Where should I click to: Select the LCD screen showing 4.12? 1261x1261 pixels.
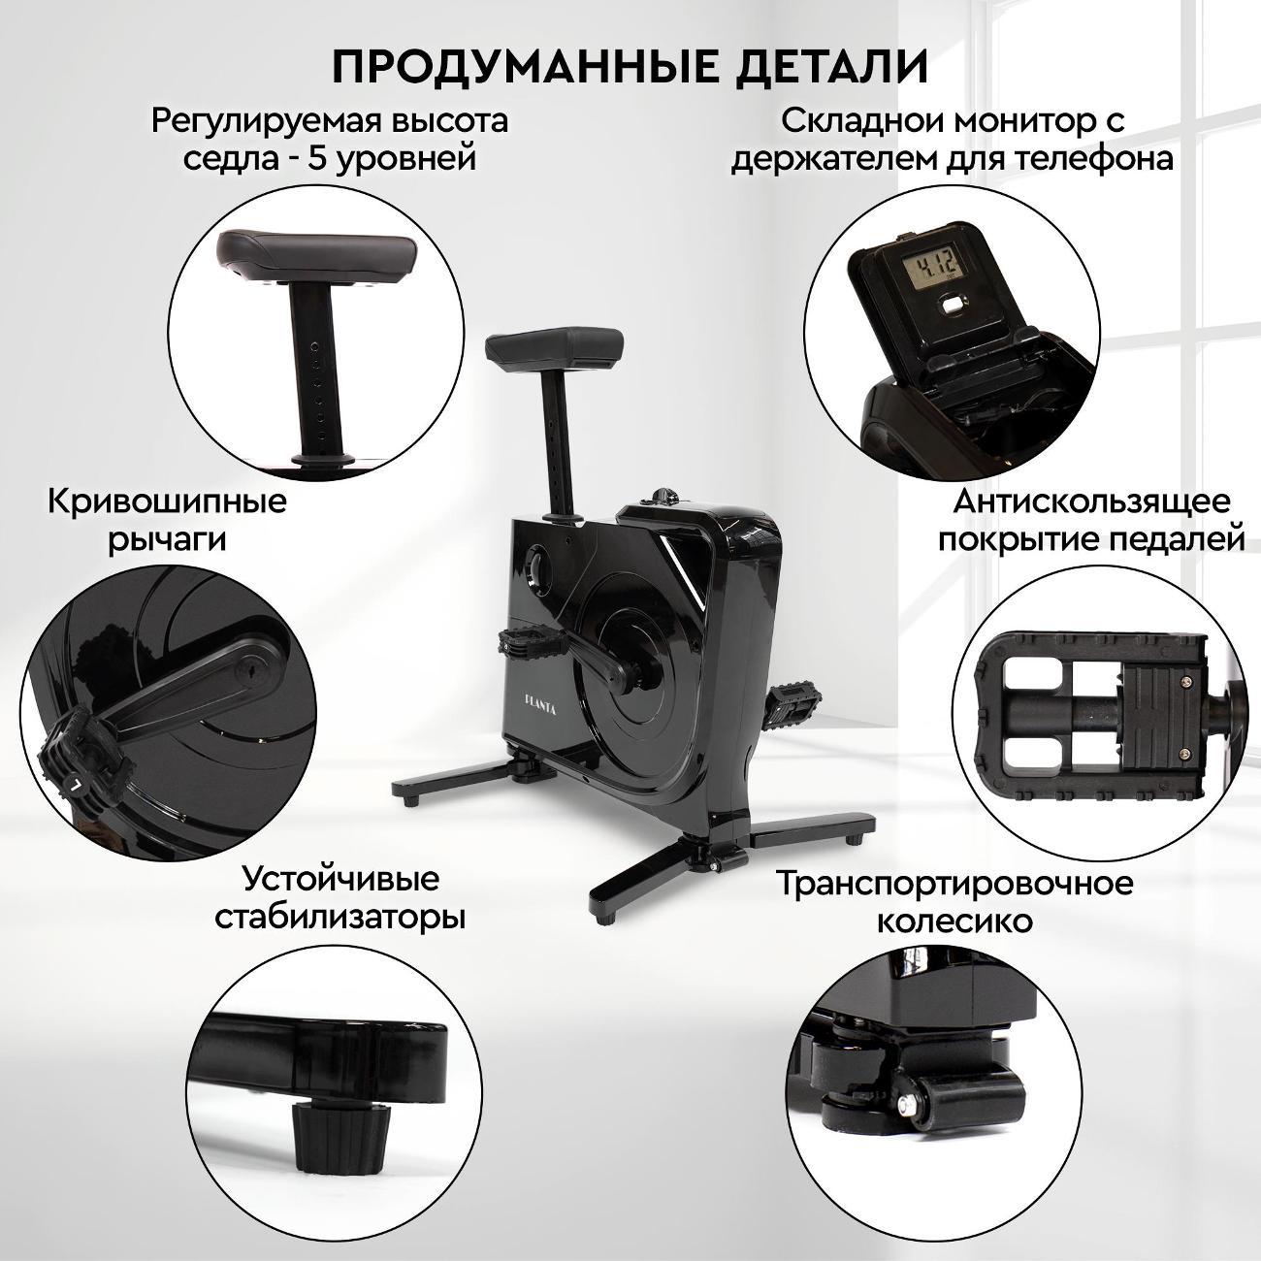point(930,267)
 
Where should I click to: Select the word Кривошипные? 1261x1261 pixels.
point(167,502)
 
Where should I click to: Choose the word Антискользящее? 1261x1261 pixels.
point(1091,502)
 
